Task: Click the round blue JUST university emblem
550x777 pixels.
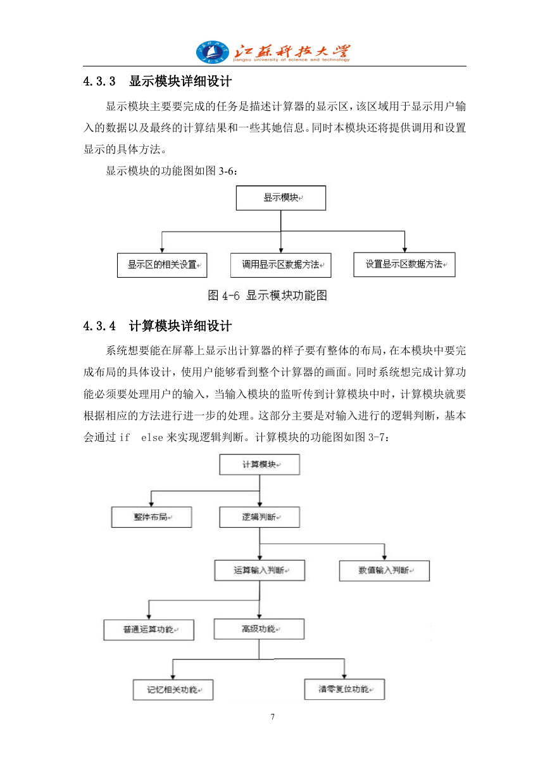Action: click(x=213, y=52)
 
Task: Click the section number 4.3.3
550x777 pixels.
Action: click(x=99, y=82)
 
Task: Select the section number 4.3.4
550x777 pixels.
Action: click(x=99, y=326)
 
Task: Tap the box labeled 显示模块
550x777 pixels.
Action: click(x=281, y=197)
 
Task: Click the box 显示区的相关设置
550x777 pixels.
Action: click(x=162, y=265)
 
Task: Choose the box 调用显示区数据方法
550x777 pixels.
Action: click(x=281, y=265)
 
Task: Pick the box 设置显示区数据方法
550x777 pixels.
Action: click(x=404, y=264)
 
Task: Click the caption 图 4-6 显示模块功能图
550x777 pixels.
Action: click(x=267, y=295)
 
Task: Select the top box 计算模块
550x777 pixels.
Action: click(x=259, y=464)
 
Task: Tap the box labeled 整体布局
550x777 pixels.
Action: click(x=151, y=517)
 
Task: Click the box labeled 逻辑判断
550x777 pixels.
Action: click(x=259, y=517)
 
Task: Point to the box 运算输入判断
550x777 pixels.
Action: click(x=259, y=570)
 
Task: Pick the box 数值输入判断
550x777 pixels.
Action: click(x=384, y=571)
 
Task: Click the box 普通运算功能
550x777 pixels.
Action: click(x=149, y=630)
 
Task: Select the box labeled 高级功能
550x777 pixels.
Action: click(x=259, y=629)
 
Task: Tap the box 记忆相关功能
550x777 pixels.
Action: click(x=173, y=690)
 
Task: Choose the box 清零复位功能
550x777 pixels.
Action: click(x=344, y=689)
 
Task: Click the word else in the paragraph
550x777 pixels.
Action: click(x=152, y=437)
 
